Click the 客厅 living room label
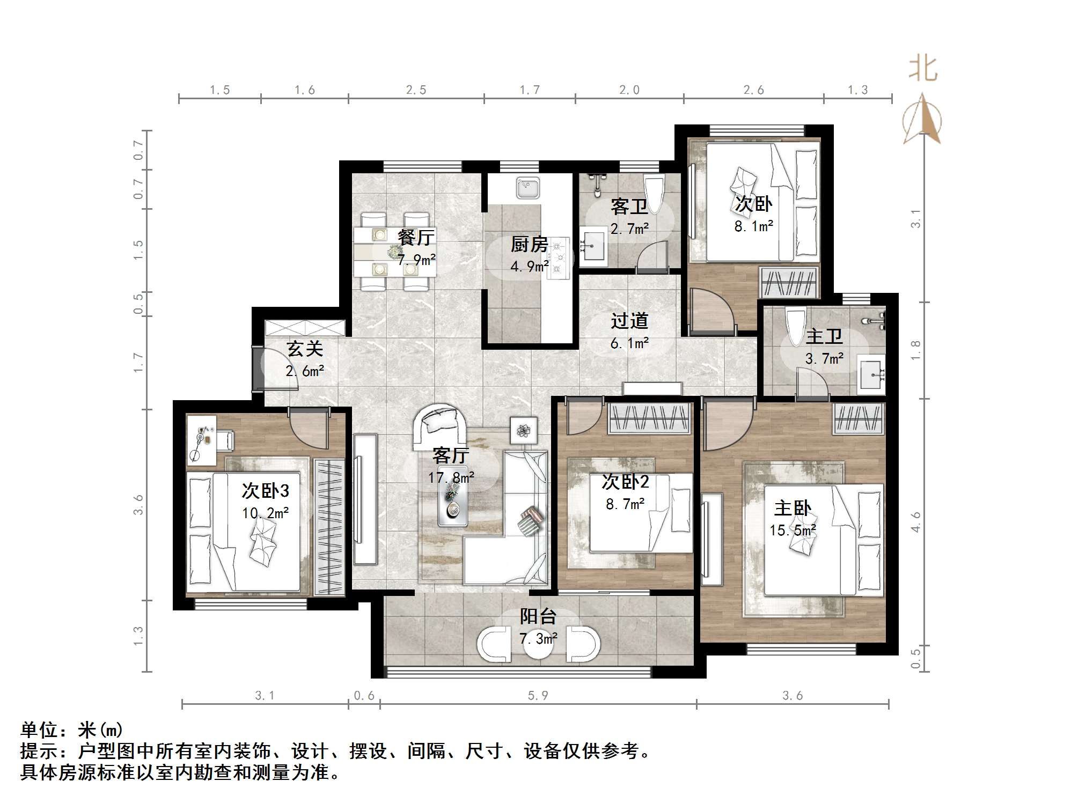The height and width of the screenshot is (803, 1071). click(x=450, y=455)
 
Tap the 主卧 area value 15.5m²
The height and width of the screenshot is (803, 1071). click(x=793, y=531)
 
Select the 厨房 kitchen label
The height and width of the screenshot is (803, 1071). click(x=529, y=245)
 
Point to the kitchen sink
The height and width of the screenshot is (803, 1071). click(x=528, y=188)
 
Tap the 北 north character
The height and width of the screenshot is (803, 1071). click(x=923, y=69)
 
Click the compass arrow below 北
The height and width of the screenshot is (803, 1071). click(x=922, y=120)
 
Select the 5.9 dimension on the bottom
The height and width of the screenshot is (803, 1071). click(x=538, y=696)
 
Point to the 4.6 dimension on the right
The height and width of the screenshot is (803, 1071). click(x=915, y=521)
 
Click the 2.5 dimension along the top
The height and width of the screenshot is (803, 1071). click(x=416, y=90)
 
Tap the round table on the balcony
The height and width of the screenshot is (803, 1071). click(x=538, y=645)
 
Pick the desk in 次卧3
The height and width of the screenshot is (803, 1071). click(x=201, y=440)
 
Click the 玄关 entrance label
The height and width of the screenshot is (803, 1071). click(x=305, y=349)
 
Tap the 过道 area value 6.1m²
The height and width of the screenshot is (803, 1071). click(x=629, y=343)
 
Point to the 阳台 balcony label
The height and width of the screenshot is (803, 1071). click(x=538, y=616)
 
